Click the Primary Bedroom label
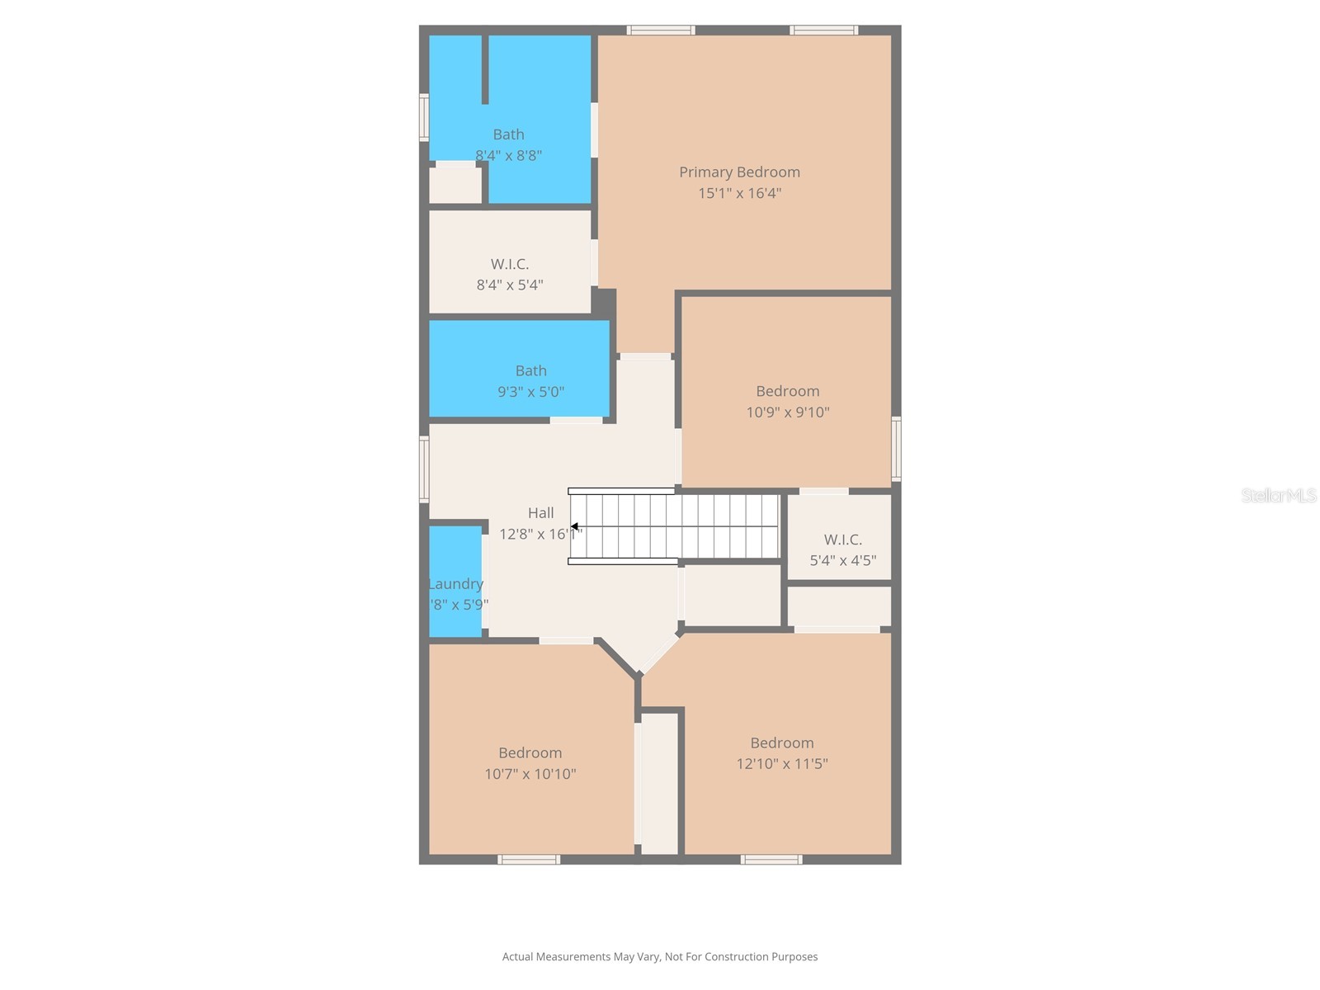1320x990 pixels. (x=739, y=172)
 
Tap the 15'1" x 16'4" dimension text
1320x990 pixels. (x=739, y=193)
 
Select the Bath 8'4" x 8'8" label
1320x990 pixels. (x=508, y=134)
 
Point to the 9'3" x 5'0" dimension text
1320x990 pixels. (x=530, y=392)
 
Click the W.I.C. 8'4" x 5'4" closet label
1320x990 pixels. (x=509, y=264)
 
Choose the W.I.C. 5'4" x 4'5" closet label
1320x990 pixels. (x=842, y=540)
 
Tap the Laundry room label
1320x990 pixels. (x=455, y=584)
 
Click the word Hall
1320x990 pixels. (x=541, y=512)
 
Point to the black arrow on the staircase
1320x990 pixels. (x=574, y=526)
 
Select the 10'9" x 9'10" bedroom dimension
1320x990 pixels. (x=788, y=412)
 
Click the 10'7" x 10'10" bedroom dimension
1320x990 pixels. (x=530, y=774)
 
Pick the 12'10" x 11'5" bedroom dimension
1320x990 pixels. (x=782, y=764)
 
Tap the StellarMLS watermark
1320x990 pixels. (x=1278, y=495)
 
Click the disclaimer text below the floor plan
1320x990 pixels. (x=660, y=957)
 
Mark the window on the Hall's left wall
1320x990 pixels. (x=424, y=469)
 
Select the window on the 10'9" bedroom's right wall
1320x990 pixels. (x=896, y=449)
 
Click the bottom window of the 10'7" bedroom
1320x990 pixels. (x=529, y=860)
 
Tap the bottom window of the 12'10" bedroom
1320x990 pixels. (x=771, y=860)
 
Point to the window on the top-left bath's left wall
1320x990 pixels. (x=424, y=117)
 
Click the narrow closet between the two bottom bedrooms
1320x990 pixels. (x=659, y=784)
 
